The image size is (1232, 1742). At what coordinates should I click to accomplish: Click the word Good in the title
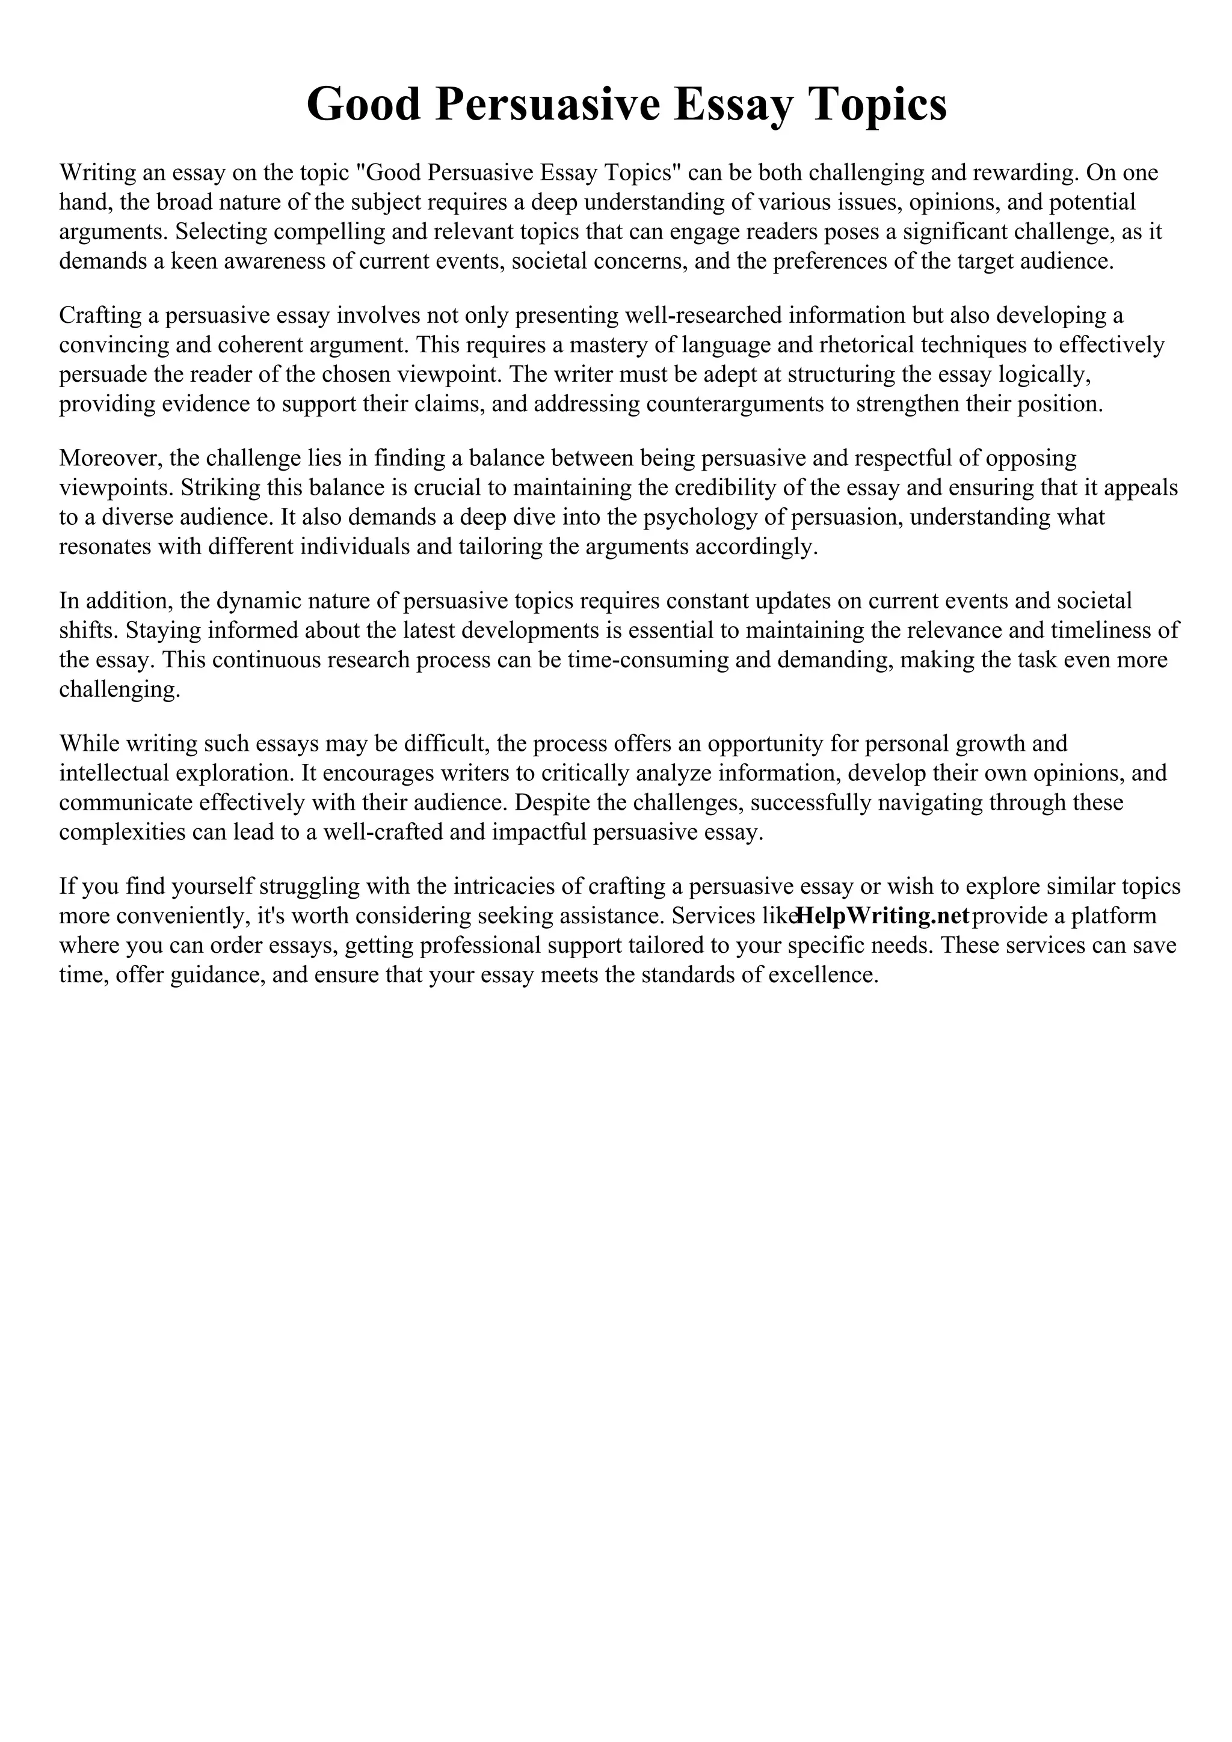pos(363,105)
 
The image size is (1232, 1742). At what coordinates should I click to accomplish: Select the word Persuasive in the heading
pos(547,105)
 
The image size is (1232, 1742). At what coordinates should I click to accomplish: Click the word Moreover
pos(110,458)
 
